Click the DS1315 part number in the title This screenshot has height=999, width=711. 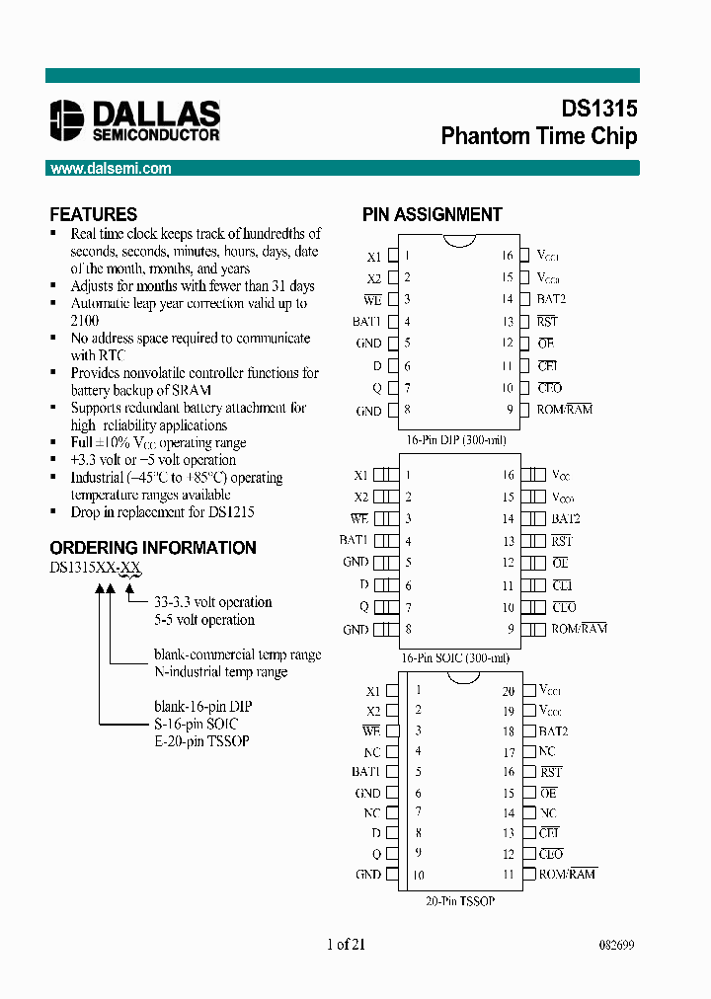click(x=591, y=110)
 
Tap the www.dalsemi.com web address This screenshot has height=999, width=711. click(x=111, y=169)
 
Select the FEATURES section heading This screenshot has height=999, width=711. click(x=94, y=214)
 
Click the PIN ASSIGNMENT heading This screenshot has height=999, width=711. click(x=432, y=214)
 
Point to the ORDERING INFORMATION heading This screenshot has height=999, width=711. click(x=153, y=548)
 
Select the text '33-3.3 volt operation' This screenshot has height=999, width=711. click(x=212, y=602)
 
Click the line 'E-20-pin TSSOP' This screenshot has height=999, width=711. click(x=201, y=741)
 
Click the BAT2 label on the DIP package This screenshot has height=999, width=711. click(x=552, y=299)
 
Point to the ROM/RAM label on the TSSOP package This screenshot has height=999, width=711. click(x=568, y=874)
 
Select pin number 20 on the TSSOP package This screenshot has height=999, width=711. click(x=509, y=691)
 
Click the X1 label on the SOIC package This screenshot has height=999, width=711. click(x=361, y=475)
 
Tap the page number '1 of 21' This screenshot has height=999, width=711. click(x=346, y=945)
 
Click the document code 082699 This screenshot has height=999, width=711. click(x=616, y=945)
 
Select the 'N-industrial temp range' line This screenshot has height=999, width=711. click(x=220, y=672)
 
